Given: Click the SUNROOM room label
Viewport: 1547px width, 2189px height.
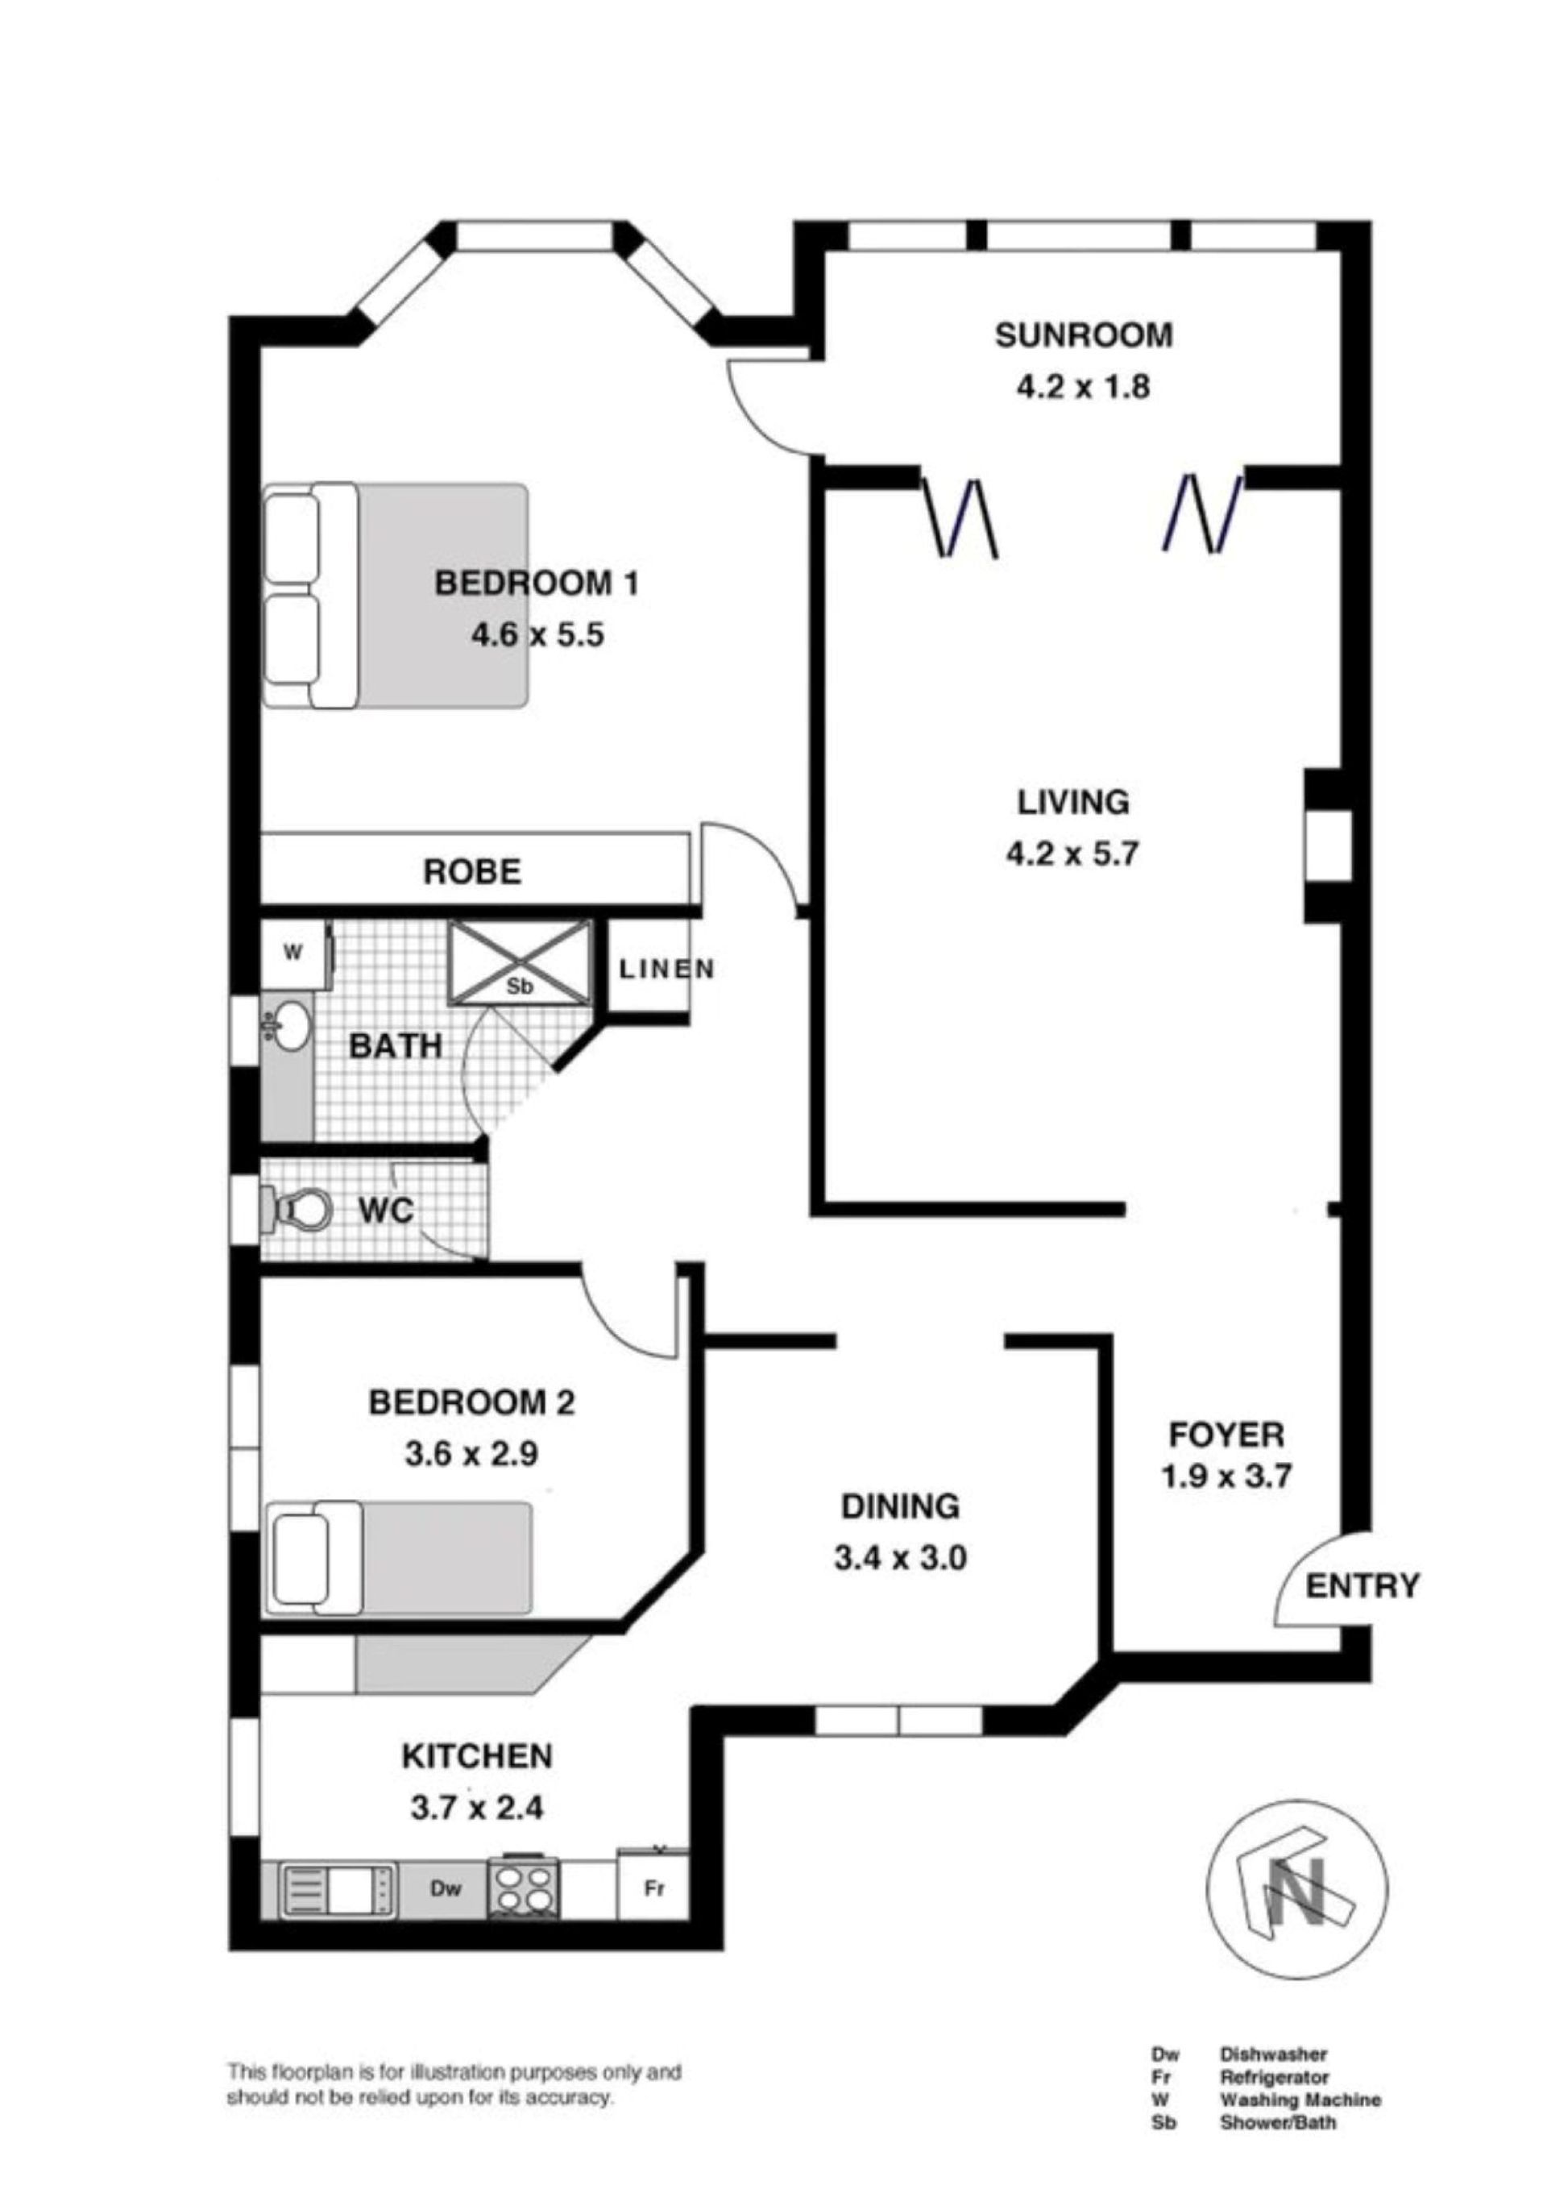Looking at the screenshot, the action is [1083, 334].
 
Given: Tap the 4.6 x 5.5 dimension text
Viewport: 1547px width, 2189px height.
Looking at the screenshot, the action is [537, 635].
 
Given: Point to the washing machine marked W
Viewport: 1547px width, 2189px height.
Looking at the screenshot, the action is [293, 953].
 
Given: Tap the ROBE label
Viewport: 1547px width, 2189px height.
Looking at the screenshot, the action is [472, 871].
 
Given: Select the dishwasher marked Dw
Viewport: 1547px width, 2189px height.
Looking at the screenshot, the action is [444, 1888].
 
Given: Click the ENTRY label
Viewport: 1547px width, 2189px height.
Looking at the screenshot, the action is [1362, 1585].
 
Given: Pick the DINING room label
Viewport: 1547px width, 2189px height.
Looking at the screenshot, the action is [900, 1506].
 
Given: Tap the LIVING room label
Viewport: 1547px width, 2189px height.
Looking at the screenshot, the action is [1073, 802].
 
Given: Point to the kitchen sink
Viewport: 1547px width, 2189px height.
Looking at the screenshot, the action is [339, 1888].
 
